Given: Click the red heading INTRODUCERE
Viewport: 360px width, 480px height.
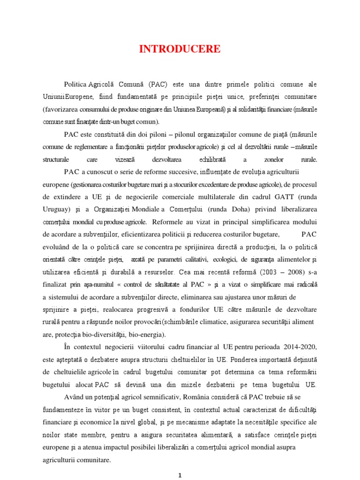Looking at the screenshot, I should coord(180,50).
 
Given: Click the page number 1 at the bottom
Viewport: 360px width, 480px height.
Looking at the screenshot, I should coord(180,475).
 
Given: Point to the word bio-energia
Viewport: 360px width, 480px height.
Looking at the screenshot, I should coord(142,335).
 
